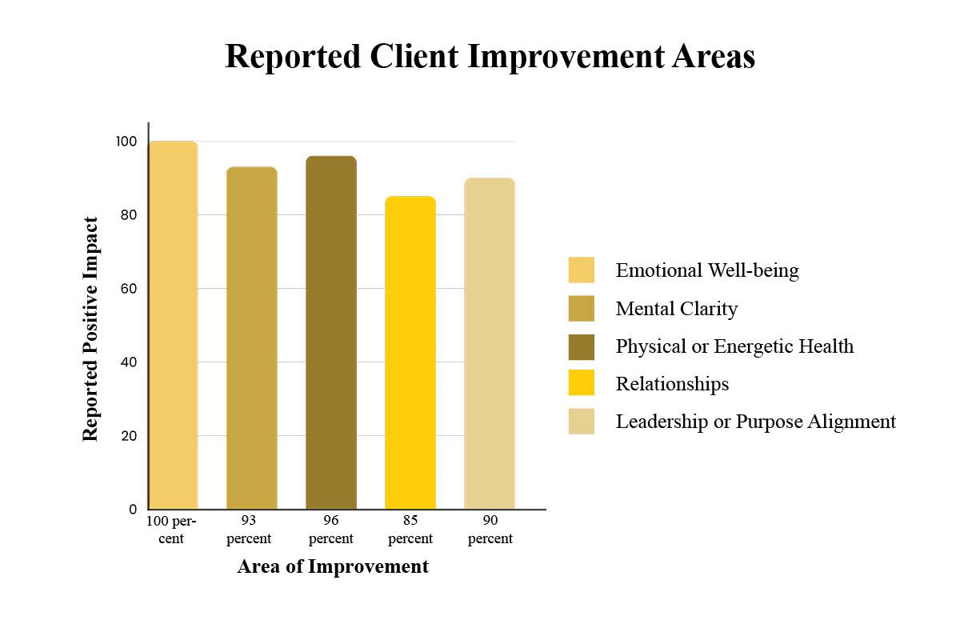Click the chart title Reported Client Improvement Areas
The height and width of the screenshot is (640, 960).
point(490,57)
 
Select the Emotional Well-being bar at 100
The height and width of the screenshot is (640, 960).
point(173,325)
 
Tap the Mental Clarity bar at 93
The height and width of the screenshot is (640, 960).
point(252,338)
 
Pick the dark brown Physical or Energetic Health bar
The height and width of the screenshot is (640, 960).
point(331,332)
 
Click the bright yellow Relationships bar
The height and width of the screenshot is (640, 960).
point(410,352)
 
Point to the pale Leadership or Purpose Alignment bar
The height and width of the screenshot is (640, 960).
point(490,343)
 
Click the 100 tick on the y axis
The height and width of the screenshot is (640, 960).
point(126,142)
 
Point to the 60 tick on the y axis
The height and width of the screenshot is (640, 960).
point(129,289)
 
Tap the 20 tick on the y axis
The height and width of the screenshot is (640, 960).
point(129,436)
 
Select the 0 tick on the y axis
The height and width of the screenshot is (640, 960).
point(133,510)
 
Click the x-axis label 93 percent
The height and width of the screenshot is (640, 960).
point(249,530)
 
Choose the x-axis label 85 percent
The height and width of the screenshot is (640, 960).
point(410,530)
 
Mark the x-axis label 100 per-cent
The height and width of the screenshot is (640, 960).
point(171,530)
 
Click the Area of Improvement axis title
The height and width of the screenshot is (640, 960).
point(333,566)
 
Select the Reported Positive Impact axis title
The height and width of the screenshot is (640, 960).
point(90,329)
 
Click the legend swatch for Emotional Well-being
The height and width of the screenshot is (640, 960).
point(581,270)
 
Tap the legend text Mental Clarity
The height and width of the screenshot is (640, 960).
point(677,309)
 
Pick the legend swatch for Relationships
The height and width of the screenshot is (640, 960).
point(581,382)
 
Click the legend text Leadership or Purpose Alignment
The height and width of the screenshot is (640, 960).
point(755,422)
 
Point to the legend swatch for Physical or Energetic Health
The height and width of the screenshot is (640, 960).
point(581,346)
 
